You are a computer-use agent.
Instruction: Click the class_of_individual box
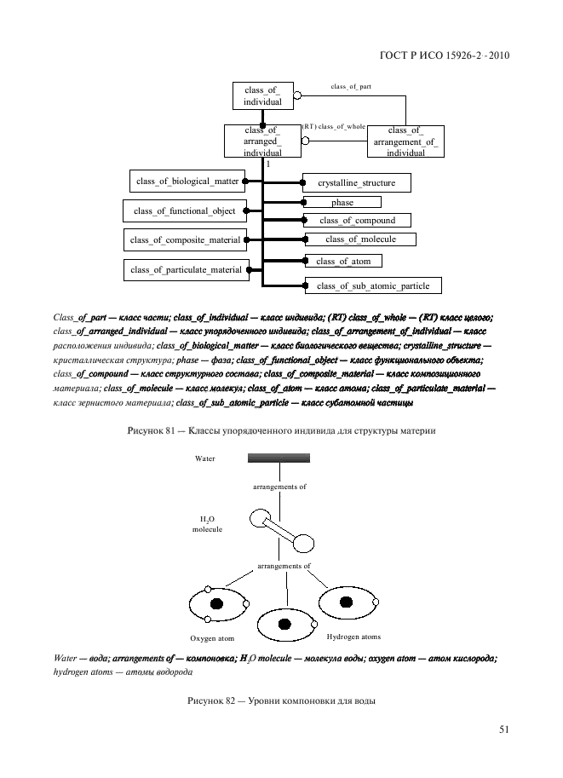261,95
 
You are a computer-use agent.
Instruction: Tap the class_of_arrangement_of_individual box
405,141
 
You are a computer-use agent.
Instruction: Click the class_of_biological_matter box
185,181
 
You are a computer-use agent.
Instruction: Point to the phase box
342,203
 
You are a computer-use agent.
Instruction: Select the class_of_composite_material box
185,240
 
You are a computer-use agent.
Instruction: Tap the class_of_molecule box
360,239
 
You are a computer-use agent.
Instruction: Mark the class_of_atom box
343,261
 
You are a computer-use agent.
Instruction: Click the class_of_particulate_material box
186,270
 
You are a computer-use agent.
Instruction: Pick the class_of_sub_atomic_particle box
373,285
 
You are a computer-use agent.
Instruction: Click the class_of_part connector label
350,87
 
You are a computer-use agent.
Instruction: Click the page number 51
503,729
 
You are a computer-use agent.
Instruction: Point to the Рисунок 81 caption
281,431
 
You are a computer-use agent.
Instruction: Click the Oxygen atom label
211,638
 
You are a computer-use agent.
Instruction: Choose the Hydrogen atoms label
353,637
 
